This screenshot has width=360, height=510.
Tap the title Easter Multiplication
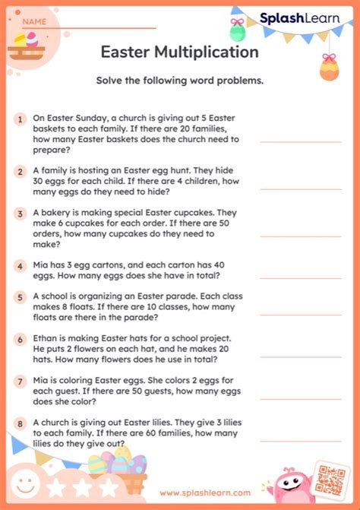click(179, 52)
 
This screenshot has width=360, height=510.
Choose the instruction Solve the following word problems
click(179, 81)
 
